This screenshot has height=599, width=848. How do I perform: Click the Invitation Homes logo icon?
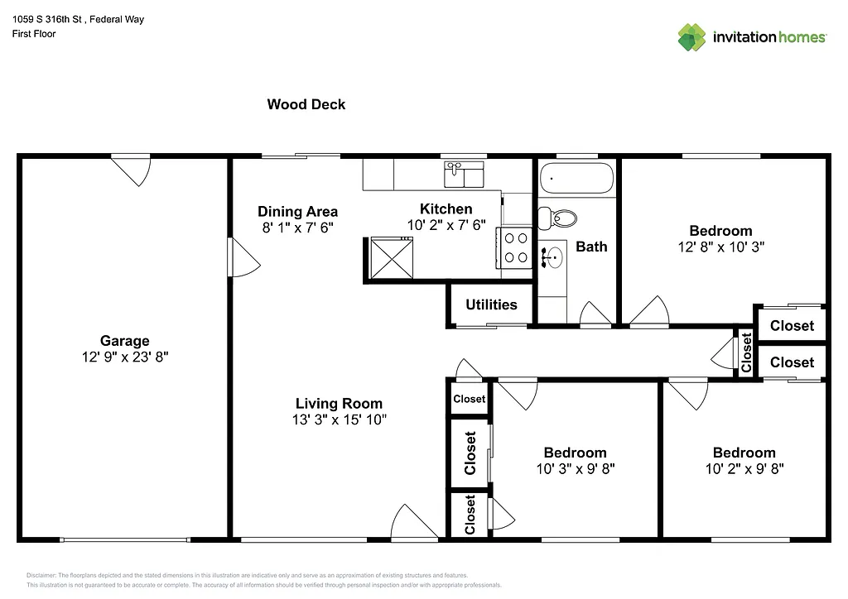(x=692, y=37)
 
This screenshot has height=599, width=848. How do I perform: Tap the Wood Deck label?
(x=306, y=104)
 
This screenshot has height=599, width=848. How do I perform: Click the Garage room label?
(x=125, y=340)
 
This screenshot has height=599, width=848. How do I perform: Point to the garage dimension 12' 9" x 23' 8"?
(x=125, y=357)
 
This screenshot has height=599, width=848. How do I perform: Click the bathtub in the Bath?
(x=576, y=177)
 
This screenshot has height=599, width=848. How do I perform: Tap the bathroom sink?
(x=552, y=256)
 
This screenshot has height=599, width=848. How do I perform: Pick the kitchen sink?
(x=464, y=175)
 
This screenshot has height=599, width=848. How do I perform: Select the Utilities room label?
(x=491, y=304)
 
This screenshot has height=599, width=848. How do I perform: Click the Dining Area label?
(x=297, y=211)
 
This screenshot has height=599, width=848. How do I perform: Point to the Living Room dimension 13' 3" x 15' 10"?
(x=340, y=419)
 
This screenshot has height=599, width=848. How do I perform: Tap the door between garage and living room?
(x=244, y=258)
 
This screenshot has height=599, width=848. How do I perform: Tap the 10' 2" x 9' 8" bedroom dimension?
(x=744, y=468)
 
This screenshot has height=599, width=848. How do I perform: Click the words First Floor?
(x=34, y=34)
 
